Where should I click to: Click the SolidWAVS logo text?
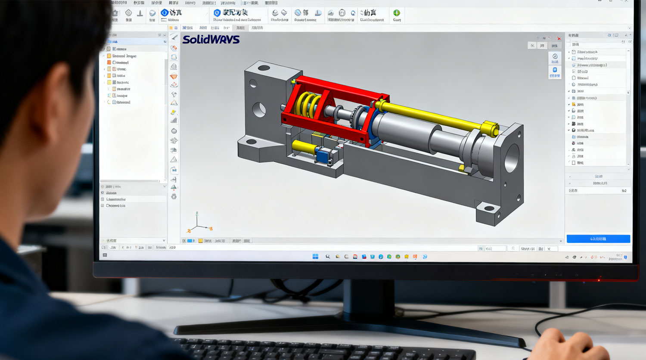pos(211,40)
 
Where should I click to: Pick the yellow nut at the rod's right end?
pos(490,128)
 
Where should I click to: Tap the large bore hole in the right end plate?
pos(512,158)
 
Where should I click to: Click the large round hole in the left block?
pos(259,109)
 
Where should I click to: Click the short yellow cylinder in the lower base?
pos(304,147)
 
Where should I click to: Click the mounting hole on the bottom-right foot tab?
pos(489,208)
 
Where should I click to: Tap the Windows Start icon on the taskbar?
pos(315,257)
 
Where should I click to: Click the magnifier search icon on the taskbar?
pos(328,257)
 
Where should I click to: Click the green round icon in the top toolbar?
pos(397,13)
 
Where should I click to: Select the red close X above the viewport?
pos(559,39)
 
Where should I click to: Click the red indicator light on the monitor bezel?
pos(599,280)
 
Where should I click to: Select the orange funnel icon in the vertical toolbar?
pos(174,76)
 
